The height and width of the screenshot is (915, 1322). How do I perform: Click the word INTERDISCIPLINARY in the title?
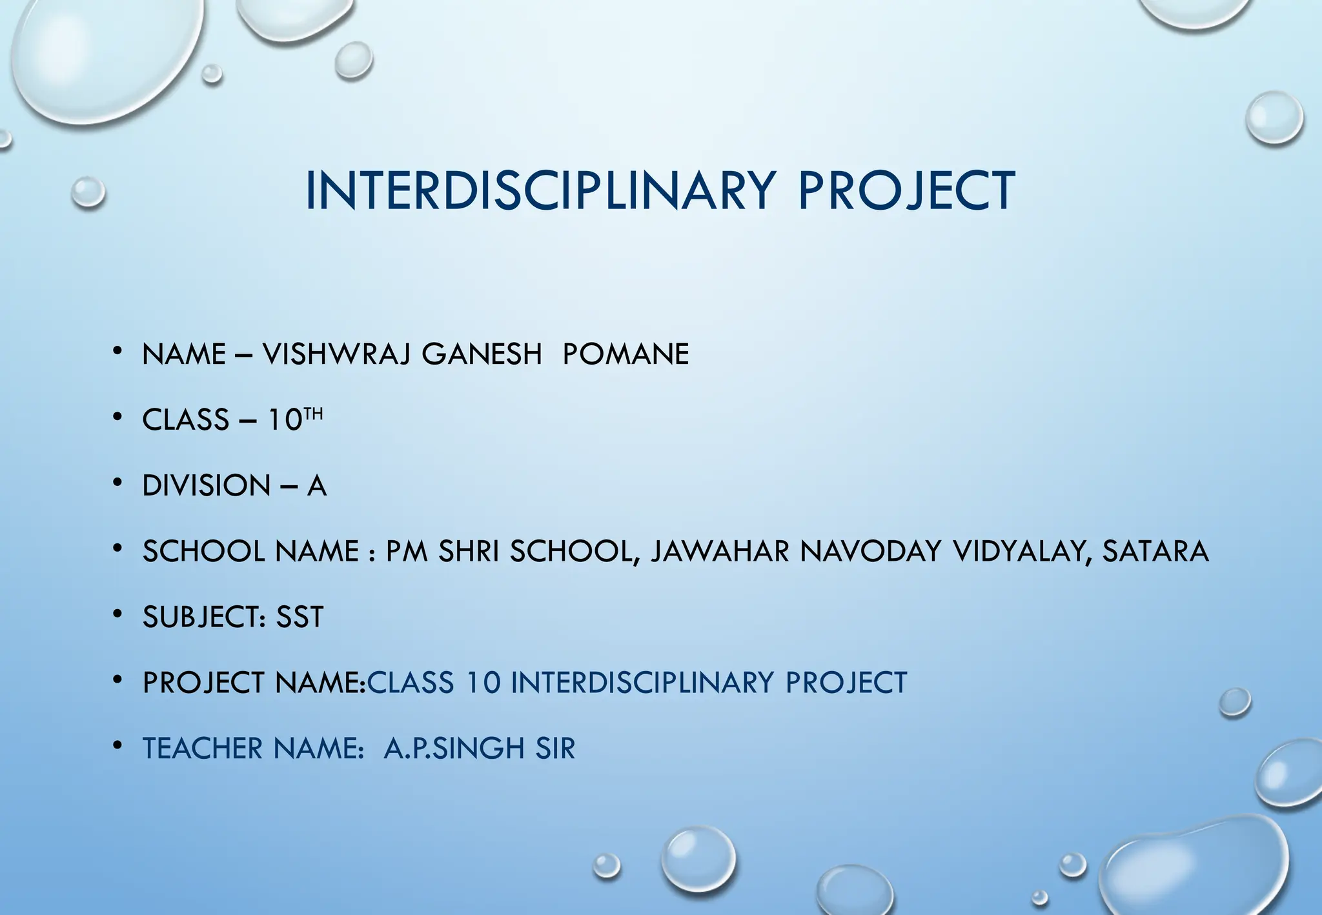[x=539, y=191]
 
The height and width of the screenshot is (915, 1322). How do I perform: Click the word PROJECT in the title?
[x=906, y=191]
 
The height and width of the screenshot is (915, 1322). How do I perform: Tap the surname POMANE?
[x=625, y=354]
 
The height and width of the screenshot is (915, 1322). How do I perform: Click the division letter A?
[x=316, y=486]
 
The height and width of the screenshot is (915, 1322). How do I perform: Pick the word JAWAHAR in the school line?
[x=720, y=552]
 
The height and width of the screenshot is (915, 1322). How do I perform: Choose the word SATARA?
[x=1155, y=552]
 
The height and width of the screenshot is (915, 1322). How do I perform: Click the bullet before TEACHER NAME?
[x=117, y=746]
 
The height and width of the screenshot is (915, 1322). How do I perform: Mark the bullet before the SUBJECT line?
[x=117, y=614]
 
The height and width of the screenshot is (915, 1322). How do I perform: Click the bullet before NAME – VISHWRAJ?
[x=117, y=351]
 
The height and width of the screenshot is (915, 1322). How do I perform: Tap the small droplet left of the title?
[x=88, y=192]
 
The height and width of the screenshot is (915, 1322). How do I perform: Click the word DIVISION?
[x=206, y=486]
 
